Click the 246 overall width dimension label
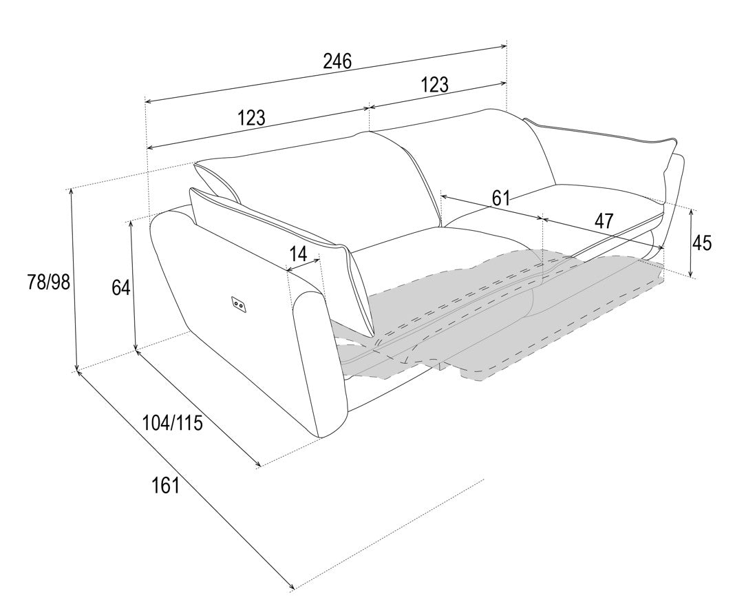(337, 61)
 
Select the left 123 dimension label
(251, 117)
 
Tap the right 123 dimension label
(434, 85)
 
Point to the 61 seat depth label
(500, 198)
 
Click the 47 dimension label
(604, 220)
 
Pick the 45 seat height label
(702, 243)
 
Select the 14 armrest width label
(298, 254)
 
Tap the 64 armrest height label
(121, 287)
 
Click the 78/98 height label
(48, 282)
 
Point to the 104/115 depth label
(173, 423)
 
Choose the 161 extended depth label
(166, 485)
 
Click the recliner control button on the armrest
(238, 305)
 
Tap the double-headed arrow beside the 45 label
(691, 243)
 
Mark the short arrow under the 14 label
(302, 264)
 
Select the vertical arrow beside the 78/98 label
(74, 280)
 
